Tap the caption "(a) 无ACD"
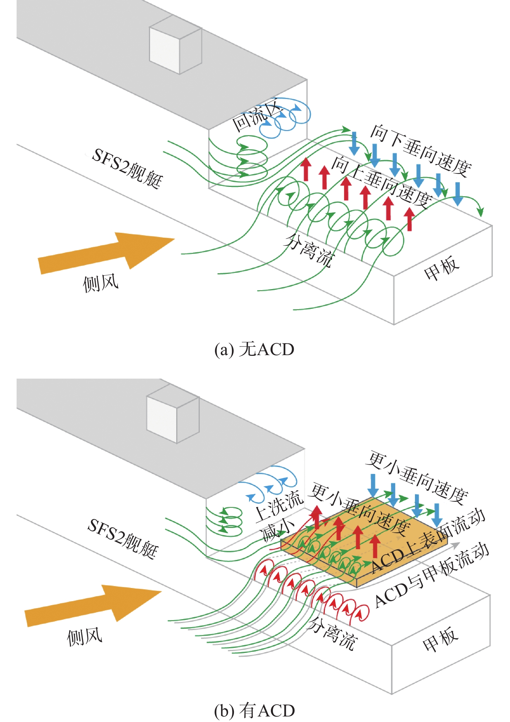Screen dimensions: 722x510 point(254,349)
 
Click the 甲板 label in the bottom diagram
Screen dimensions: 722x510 point(440,639)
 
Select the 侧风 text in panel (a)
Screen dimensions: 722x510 point(101,284)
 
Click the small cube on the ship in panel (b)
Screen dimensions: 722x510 point(173,418)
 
